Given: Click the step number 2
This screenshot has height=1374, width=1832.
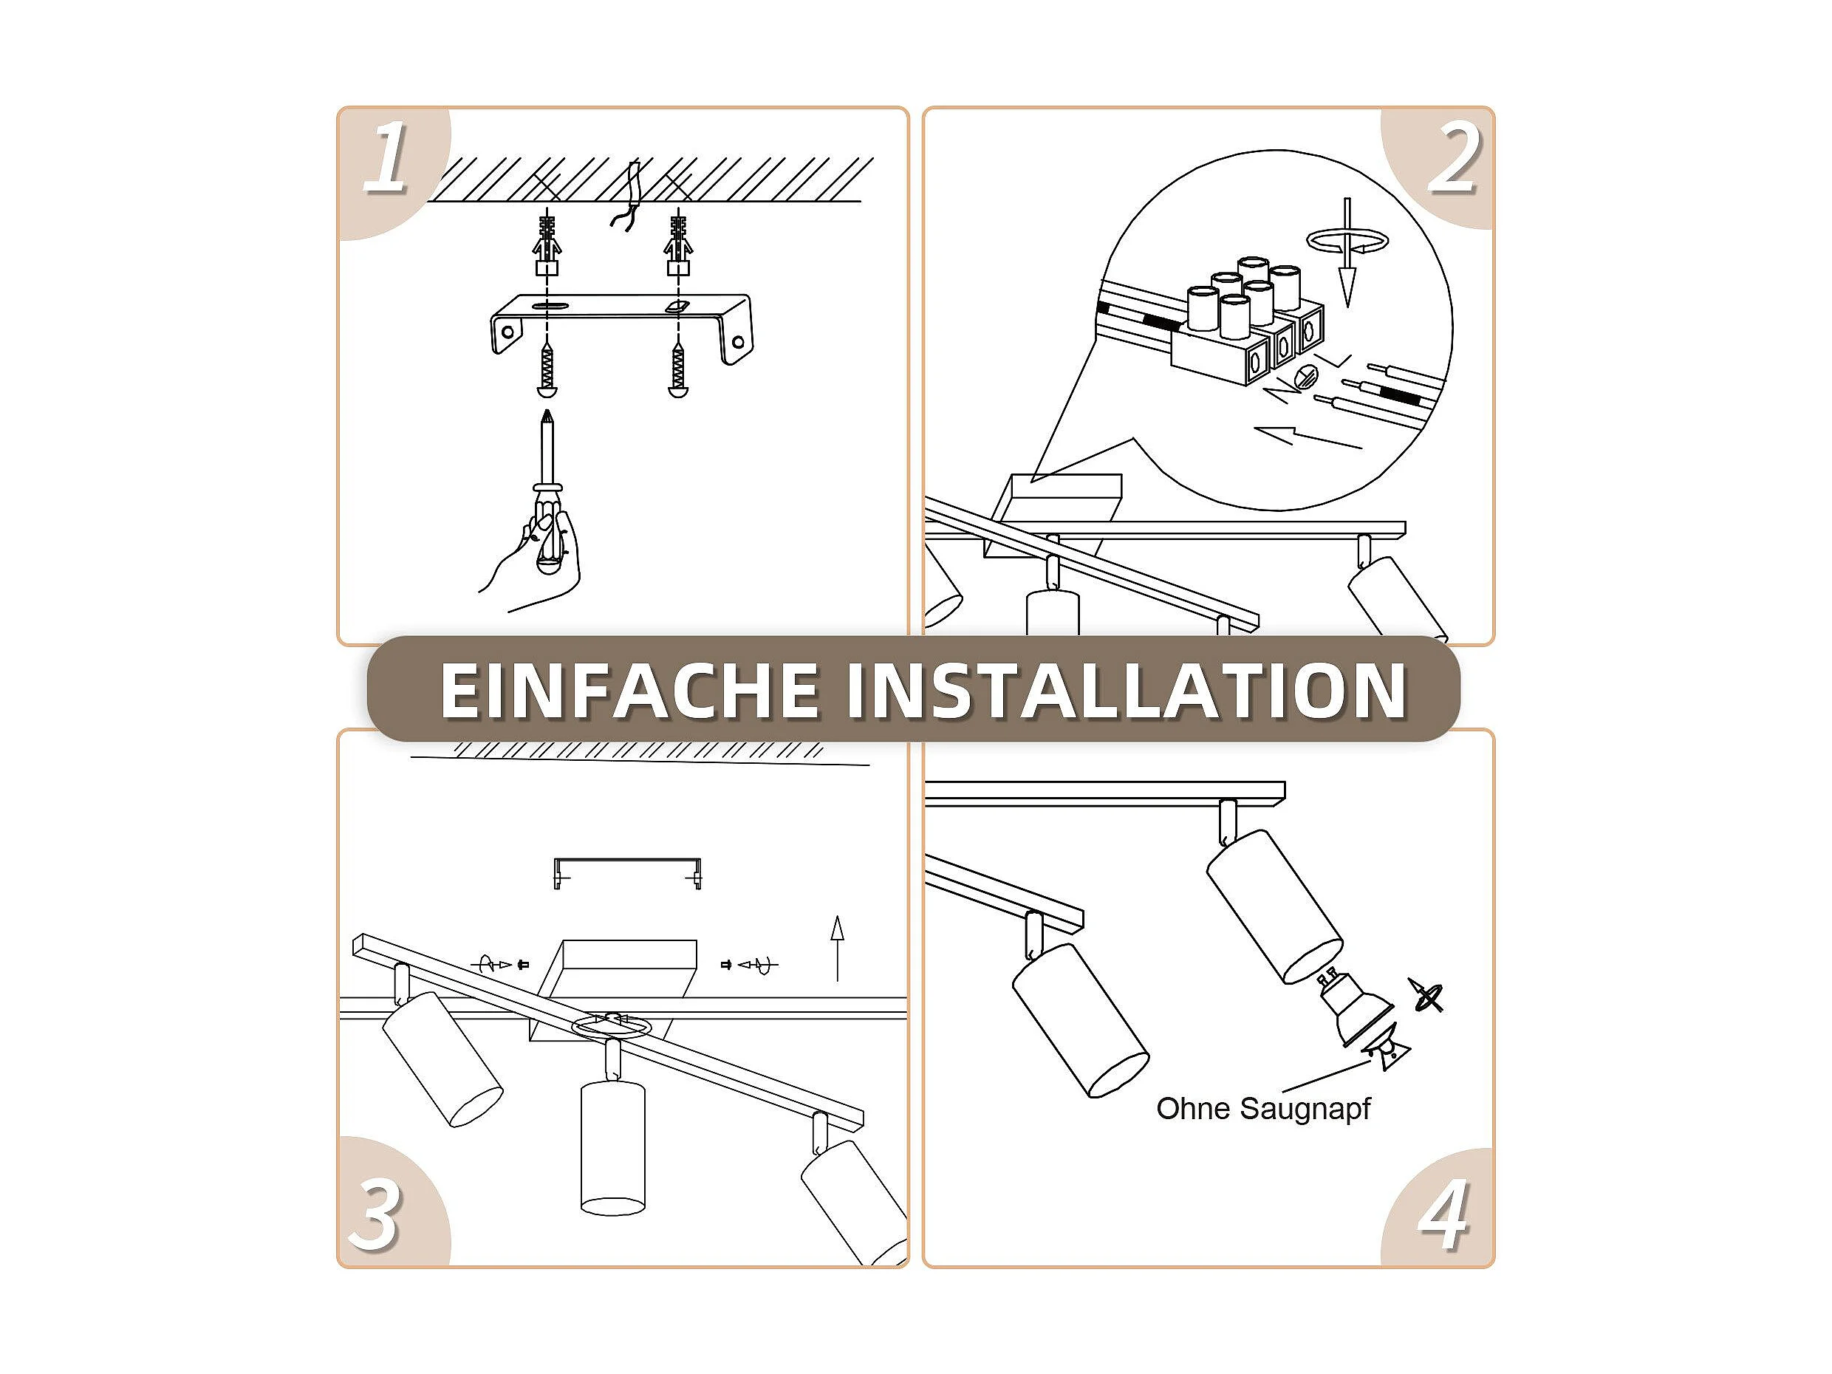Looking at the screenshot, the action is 1453,158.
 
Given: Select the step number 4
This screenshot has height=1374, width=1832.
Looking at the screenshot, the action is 1444,1215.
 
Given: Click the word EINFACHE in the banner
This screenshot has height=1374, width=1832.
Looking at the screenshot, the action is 629,691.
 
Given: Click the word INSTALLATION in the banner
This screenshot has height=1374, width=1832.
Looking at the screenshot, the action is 1127,691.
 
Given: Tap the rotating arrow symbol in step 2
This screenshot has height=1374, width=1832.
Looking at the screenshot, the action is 1347,241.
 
